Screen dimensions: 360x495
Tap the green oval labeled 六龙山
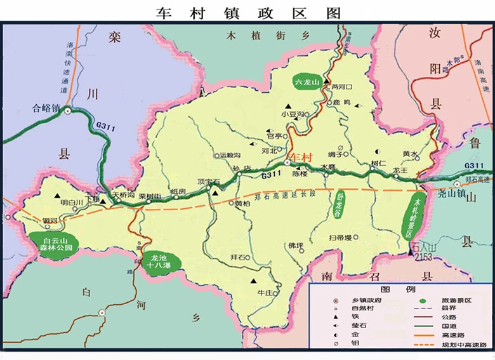(307, 82)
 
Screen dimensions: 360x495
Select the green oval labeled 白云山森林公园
(50, 244)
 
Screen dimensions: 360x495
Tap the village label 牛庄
(265, 293)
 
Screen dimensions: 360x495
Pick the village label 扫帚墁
(340, 237)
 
